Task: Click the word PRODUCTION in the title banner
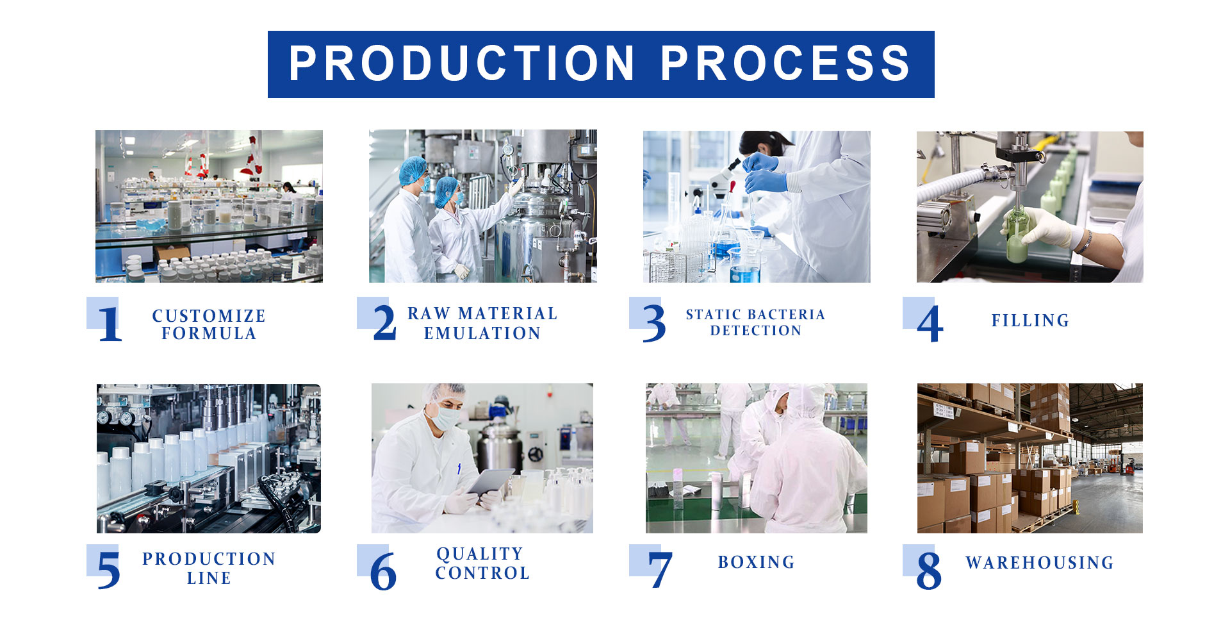coord(462,63)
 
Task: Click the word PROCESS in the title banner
coord(785,63)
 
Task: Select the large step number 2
coord(384,322)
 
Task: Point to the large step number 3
coord(654,323)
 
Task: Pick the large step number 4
coord(930,324)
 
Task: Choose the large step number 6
coord(383,571)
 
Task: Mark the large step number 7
coord(660,569)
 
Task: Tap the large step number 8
coord(929,571)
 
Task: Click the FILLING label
coord(1030,321)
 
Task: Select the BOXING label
coord(756,562)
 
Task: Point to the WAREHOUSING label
coord(1040,563)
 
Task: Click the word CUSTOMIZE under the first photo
coord(209,316)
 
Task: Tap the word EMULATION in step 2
coord(482,333)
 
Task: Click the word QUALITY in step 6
coord(480,554)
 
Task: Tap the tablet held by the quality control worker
coord(491,481)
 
